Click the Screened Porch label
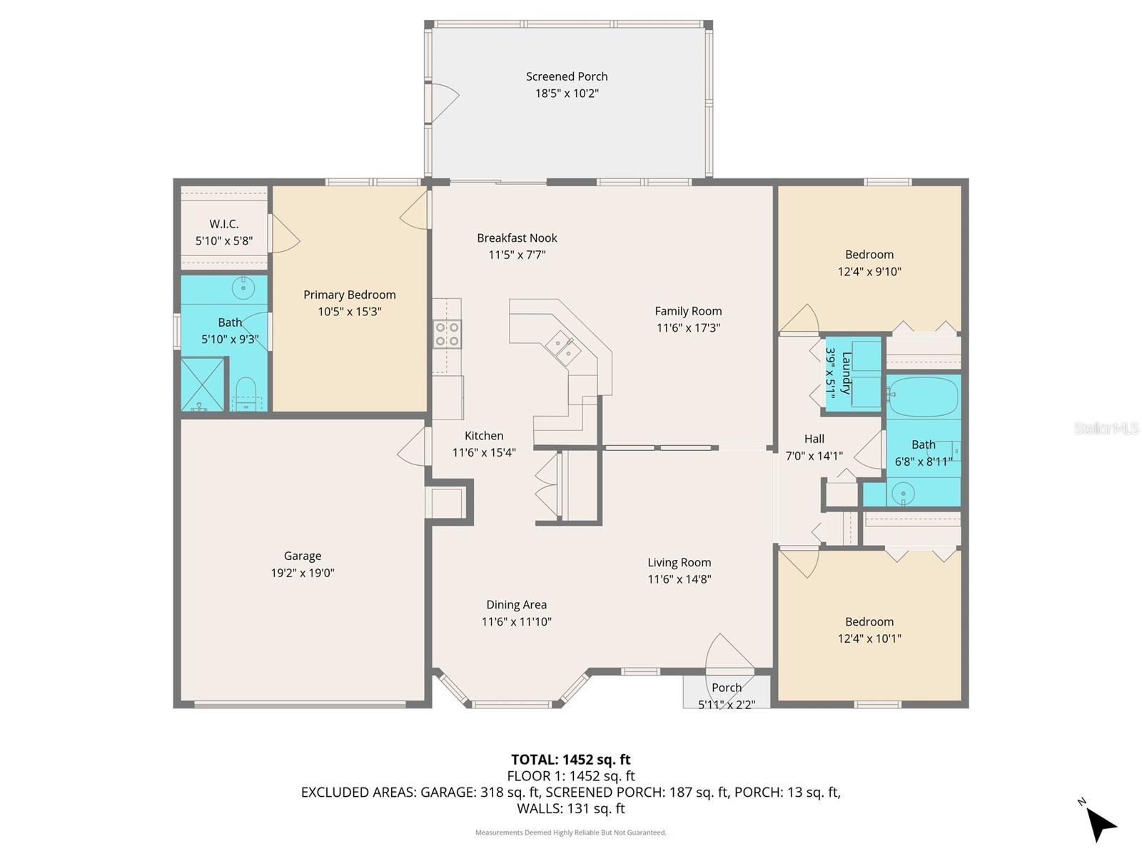pos(567,76)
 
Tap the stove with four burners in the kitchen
pos(448,334)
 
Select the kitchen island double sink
pos(563,349)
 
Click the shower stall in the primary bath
pos(201,385)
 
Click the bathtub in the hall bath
pos(923,397)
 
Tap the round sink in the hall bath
pos(904,492)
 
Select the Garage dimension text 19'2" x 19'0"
pos(303,573)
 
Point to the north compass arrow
pos(1101,825)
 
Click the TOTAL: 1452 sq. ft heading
pos(570,760)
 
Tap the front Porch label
pos(727,688)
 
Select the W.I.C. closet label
pos(224,224)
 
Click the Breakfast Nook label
pos(517,238)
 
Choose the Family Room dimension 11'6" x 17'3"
pos(688,328)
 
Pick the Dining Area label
pos(516,605)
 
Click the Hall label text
pos(814,439)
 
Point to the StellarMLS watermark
pos(1106,429)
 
